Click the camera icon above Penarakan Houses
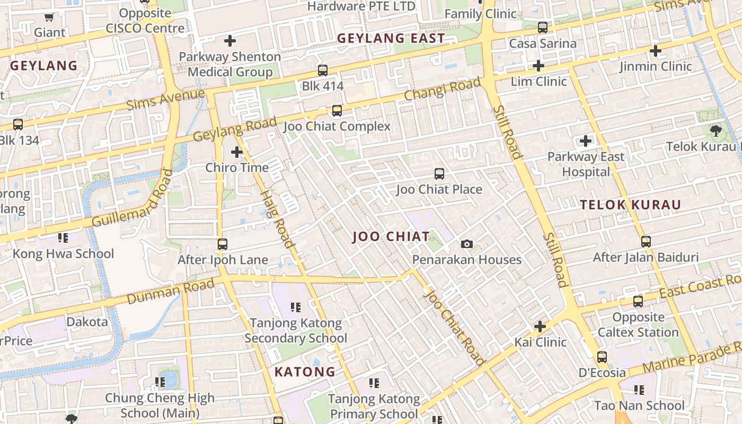click(x=466, y=244)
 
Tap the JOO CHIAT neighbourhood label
click(x=391, y=237)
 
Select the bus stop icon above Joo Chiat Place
click(x=439, y=173)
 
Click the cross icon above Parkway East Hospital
click(x=586, y=141)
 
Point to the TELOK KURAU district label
click(x=630, y=205)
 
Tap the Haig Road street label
click(x=277, y=218)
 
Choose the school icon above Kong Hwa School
click(x=63, y=238)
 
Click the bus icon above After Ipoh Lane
click(x=223, y=244)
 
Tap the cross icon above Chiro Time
click(x=237, y=152)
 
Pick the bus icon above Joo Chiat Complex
click(x=337, y=111)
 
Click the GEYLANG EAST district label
click(x=391, y=39)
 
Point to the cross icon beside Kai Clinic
click(x=540, y=326)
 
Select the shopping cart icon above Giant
click(x=49, y=17)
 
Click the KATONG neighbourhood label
click(x=305, y=372)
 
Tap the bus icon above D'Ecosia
click(x=602, y=357)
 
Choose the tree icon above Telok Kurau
click(x=715, y=130)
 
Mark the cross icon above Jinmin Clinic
click(x=656, y=51)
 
